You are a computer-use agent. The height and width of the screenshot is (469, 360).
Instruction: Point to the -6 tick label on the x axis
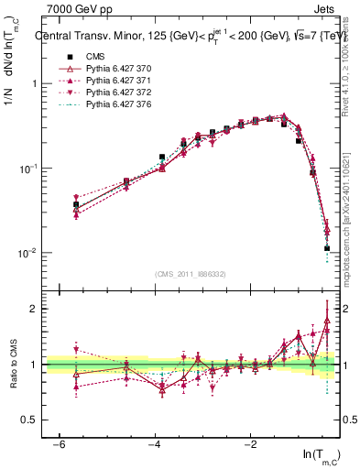pos(59,444)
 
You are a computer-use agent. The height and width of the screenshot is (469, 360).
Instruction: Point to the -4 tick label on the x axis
pos(155,444)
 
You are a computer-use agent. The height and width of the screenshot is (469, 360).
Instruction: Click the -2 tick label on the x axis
pos(250,444)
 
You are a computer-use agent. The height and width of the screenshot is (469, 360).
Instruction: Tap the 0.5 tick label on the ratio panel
pos(27,420)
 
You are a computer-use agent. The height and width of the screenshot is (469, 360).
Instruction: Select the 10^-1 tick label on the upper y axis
pos(27,169)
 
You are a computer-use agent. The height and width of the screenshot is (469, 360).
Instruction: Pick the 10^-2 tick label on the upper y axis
pos(27,253)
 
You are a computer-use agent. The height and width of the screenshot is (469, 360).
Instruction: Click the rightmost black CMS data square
pos(327,248)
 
